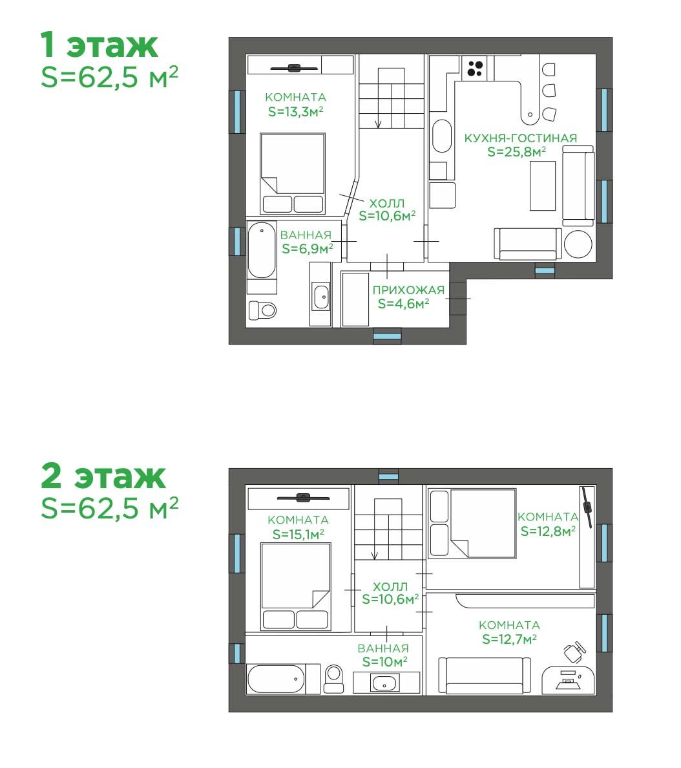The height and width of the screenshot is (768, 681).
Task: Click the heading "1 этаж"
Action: point(100,45)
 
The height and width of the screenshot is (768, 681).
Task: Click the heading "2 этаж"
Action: point(103,475)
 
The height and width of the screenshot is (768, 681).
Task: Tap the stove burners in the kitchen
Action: point(475,68)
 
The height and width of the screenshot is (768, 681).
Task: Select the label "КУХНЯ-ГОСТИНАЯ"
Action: point(520,138)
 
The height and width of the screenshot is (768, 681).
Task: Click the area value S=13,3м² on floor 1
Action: point(296,111)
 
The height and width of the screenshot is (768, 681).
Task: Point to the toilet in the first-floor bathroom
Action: point(262,310)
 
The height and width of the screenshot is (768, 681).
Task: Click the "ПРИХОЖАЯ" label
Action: point(408,290)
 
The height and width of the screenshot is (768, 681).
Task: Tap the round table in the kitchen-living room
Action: point(578,244)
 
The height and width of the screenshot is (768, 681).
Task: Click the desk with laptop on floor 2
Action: point(568,680)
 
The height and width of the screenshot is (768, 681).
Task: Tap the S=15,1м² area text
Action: point(298,534)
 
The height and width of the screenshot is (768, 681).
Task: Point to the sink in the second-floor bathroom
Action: point(386,682)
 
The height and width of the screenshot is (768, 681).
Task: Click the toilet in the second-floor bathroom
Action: point(334,678)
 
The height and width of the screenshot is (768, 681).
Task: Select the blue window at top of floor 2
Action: point(389,476)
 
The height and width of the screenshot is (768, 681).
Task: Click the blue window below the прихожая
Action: point(387,337)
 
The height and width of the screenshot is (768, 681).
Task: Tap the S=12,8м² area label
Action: point(548,531)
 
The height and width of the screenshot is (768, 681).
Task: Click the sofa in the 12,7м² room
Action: point(484,676)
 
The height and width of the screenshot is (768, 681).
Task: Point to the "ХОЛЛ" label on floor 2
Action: point(390,586)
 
